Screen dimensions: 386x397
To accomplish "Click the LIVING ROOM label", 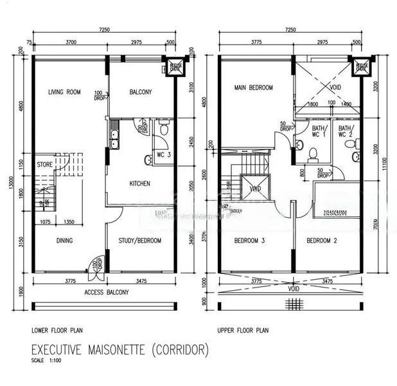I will point(64,93).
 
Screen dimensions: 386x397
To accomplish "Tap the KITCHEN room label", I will point(139,184).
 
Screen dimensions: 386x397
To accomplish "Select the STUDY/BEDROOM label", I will point(139,241).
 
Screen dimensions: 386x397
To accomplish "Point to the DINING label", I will point(64,241).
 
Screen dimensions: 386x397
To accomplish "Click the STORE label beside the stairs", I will point(44,163).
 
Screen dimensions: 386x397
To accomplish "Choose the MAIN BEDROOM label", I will point(253,87).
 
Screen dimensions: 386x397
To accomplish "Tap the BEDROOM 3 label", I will point(251,241).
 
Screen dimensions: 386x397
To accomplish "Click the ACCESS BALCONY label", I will point(107,293).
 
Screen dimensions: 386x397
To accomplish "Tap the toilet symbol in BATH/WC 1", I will point(313,153).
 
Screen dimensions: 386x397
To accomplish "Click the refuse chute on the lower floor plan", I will point(173,66).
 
